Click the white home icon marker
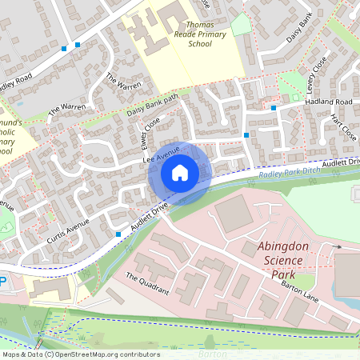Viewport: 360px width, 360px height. point(180,173)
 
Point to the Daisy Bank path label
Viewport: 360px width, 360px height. point(151,105)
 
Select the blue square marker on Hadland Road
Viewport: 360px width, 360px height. point(274,107)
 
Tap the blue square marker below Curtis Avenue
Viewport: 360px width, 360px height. point(118,234)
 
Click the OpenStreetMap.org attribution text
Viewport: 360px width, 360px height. point(115,354)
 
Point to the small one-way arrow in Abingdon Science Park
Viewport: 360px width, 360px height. point(338,247)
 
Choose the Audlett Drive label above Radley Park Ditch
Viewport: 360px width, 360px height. point(342,163)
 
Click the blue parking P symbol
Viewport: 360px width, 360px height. point(2,282)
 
